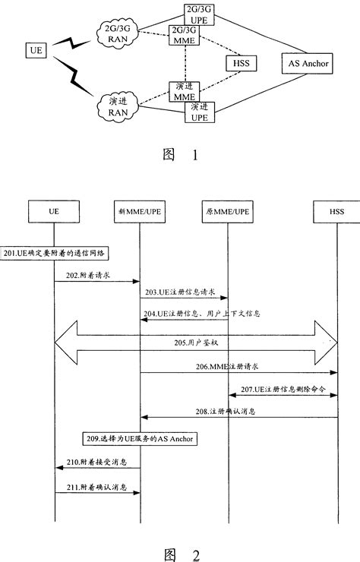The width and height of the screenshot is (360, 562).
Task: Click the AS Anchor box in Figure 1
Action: pos(308,63)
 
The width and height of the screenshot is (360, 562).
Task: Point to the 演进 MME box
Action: pos(185,92)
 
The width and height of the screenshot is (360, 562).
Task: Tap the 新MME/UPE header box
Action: pos(140,209)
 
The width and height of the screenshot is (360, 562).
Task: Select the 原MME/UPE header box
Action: pos(228,209)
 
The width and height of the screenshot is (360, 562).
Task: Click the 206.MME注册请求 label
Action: pos(237,367)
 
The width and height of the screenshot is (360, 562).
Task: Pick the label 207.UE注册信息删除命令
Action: pos(282,389)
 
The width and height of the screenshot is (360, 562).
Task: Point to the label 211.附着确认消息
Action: pos(96,486)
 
